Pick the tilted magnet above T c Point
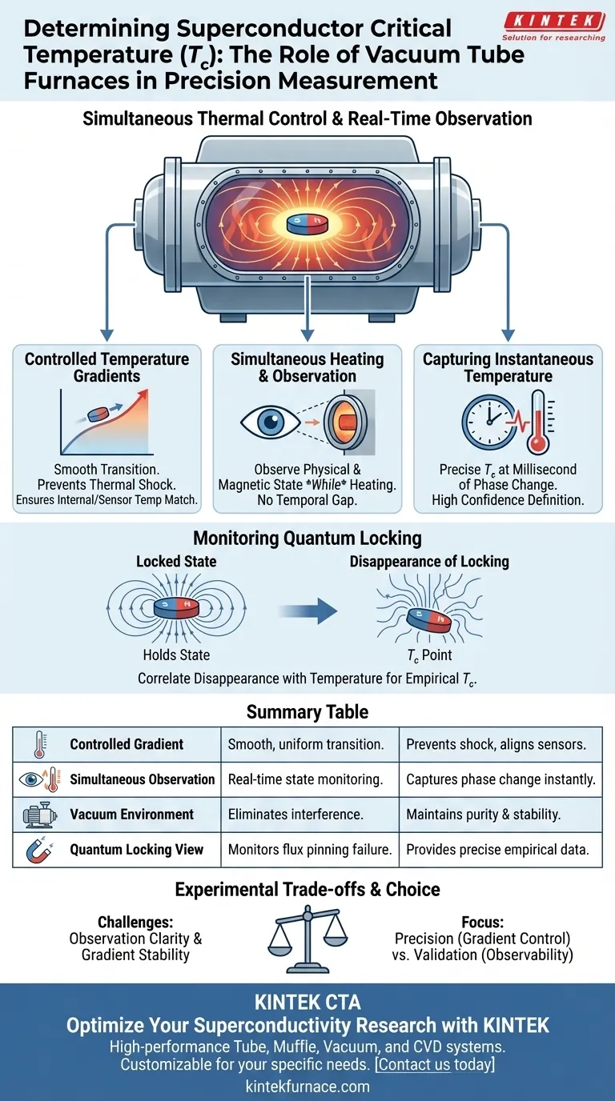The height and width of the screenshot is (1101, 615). coord(425,617)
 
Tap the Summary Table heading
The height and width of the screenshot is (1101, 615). coord(307,712)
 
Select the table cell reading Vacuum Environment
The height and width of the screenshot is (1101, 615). coord(131,815)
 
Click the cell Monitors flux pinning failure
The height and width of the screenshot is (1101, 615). coord(309,850)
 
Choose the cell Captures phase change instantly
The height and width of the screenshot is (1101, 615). coord(500,779)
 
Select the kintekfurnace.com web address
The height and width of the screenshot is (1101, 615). coord(307,1087)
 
